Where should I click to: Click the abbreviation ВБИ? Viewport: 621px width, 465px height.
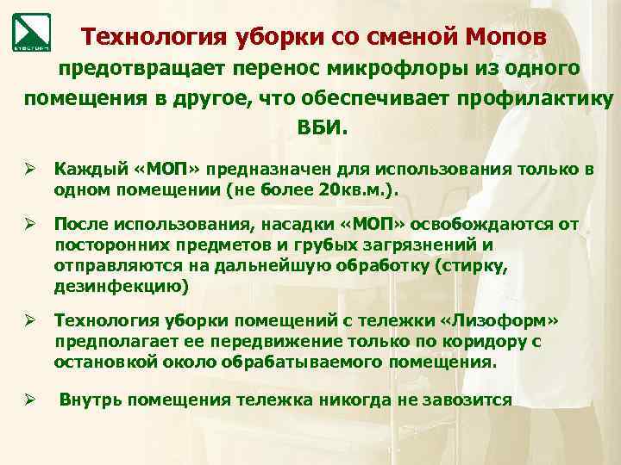coord(324,127)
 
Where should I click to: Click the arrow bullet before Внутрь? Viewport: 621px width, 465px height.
coord(28,400)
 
